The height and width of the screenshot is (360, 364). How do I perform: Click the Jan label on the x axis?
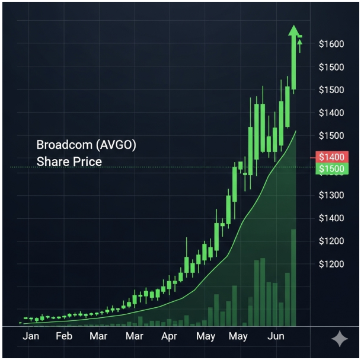click(x=31, y=336)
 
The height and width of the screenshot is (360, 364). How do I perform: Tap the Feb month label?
click(x=64, y=336)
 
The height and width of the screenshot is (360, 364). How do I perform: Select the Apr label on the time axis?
click(x=169, y=336)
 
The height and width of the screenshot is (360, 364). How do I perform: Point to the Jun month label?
click(x=276, y=336)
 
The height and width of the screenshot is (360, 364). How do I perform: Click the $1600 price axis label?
click(x=331, y=44)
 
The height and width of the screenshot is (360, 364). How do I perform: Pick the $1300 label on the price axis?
click(x=331, y=195)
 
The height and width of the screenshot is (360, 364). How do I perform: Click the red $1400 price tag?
click(x=330, y=157)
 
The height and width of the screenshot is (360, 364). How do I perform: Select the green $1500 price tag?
click(x=330, y=170)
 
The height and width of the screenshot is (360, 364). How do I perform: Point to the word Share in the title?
click(x=51, y=161)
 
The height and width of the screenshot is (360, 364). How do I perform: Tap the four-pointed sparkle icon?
click(x=340, y=339)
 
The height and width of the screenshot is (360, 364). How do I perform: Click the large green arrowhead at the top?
click(x=294, y=33)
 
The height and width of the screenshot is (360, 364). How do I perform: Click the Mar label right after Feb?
click(x=98, y=336)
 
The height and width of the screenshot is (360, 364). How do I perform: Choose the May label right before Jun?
click(x=238, y=336)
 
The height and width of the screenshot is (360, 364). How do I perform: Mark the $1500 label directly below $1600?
click(x=331, y=67)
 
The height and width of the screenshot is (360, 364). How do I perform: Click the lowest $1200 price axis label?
click(x=331, y=264)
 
